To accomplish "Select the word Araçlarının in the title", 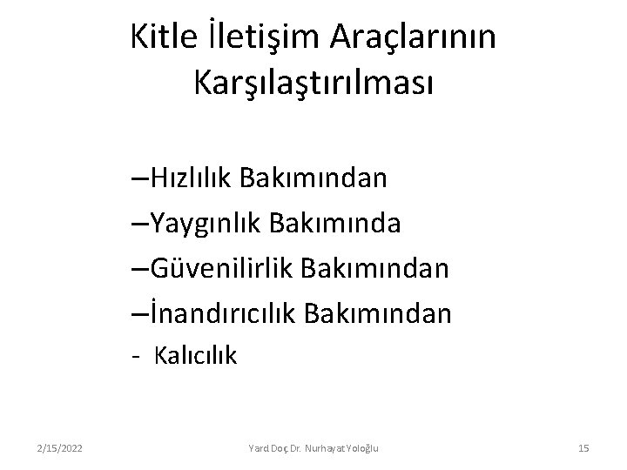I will (413, 37).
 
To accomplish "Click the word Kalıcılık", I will (196, 355).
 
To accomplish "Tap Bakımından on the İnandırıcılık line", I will (380, 312).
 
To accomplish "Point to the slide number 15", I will (583, 447).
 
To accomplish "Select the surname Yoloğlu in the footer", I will (367, 447).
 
